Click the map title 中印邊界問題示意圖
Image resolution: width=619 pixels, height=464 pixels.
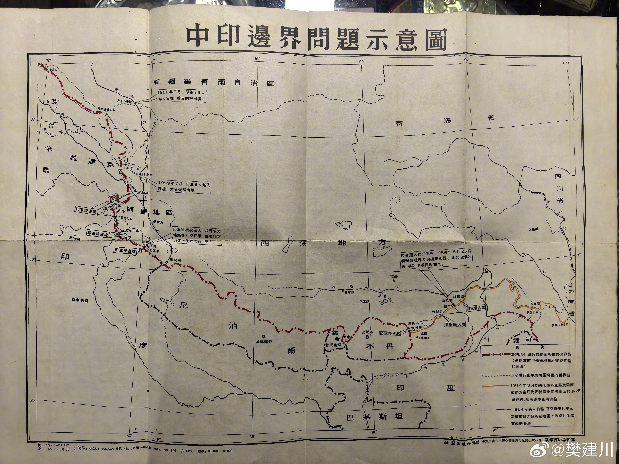point(316,39)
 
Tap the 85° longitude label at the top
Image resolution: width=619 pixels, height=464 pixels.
point(258,58)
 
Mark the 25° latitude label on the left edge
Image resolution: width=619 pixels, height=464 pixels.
point(33,400)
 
